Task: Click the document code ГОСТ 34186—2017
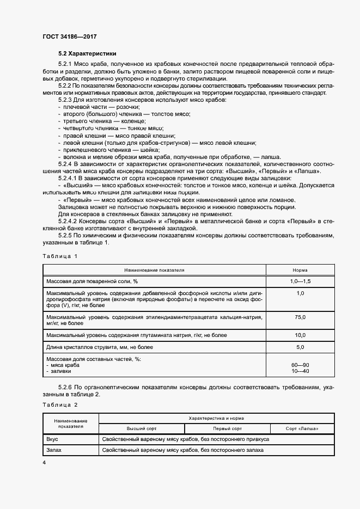coord(69,36)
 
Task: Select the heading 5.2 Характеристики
coord(84,54)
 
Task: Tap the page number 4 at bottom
coord(44,462)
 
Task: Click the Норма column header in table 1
coord(300,270)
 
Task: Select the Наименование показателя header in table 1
coord(154,270)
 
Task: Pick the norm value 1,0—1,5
coord(300,281)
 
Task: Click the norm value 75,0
coord(300,317)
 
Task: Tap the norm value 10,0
coord(300,335)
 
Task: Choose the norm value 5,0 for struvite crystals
coord(300,347)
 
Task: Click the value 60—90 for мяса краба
coord(300,365)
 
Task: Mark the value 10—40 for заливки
coord(300,371)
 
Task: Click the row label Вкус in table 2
coord(53,439)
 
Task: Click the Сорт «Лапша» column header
coord(302,429)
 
